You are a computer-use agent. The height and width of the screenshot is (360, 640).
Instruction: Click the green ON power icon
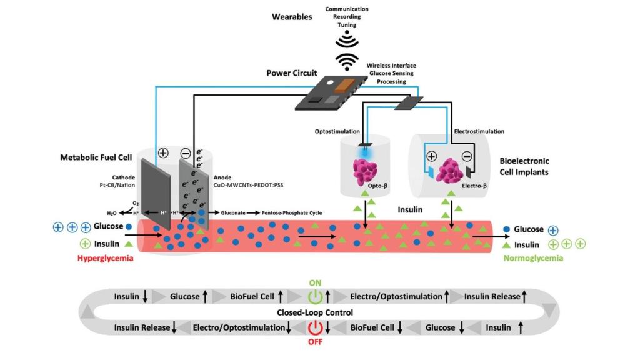click(315, 297)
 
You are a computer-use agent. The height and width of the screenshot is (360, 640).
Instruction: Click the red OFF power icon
click(315, 327)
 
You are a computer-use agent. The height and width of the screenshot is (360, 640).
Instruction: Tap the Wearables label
click(292, 17)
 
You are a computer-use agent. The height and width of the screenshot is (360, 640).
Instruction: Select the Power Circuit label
click(291, 73)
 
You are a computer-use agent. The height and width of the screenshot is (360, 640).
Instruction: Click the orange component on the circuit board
click(344, 85)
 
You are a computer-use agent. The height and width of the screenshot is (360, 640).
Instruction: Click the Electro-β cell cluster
click(450, 170)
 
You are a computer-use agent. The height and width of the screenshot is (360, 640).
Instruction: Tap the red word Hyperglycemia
click(105, 258)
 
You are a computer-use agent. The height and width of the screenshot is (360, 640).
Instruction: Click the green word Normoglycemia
click(533, 258)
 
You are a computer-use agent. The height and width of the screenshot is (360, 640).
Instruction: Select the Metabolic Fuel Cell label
click(96, 157)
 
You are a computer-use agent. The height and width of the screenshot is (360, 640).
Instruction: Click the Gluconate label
click(233, 212)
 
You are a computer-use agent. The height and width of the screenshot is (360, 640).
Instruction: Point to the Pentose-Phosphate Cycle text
click(291, 212)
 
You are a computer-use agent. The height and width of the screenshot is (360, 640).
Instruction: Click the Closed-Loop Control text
click(315, 312)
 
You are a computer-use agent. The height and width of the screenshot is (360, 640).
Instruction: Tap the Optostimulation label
click(337, 131)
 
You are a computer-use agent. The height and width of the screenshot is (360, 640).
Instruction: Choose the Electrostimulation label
click(479, 131)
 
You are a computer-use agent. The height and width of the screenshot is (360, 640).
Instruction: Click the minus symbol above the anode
click(186, 154)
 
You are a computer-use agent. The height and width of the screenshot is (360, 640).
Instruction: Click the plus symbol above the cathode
click(163, 153)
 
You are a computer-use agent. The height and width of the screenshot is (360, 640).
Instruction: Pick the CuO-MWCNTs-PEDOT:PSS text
click(248, 185)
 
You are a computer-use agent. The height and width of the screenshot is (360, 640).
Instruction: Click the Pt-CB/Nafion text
click(117, 185)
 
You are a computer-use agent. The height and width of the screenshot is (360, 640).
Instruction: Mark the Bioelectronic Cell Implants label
click(524, 166)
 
